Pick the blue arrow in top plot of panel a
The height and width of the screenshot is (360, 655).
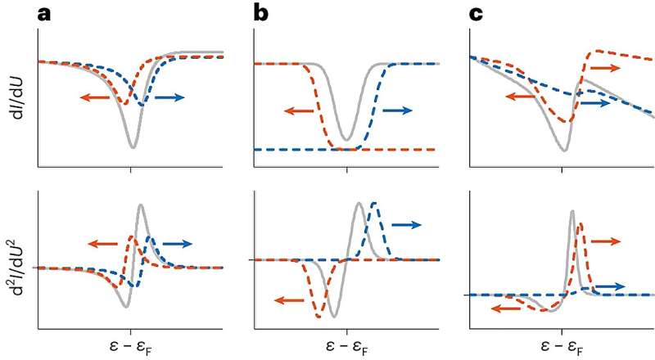pos(169,97)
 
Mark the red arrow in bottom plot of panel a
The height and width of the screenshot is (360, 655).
pos(104,242)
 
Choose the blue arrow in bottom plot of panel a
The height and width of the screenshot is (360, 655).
pos(176,242)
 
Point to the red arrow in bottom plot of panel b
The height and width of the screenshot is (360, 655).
pos(286,299)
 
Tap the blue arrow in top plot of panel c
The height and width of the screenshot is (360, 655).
pos(595,103)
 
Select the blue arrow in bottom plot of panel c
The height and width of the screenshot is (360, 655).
pos(609,286)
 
